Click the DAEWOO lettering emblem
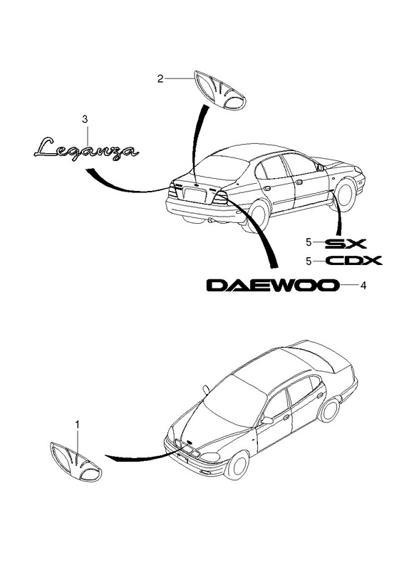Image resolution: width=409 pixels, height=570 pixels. (273, 286)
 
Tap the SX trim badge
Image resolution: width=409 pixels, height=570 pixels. (345, 243)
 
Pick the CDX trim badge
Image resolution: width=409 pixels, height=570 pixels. (353, 261)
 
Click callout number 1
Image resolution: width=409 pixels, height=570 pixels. (77, 424)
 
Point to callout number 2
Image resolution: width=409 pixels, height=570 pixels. (160, 78)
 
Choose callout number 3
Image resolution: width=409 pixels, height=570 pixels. (85, 119)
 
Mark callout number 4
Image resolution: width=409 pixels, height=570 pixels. (363, 286)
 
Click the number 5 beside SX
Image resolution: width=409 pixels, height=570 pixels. (309, 242)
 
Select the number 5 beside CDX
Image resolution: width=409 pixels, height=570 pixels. (309, 261)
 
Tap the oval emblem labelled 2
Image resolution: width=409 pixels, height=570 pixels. (220, 90)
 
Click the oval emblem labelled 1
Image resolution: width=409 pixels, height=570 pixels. (76, 462)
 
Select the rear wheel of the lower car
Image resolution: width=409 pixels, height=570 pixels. (329, 410)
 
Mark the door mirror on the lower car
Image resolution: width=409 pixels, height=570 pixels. (267, 420)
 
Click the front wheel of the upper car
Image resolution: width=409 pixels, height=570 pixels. (345, 194)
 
